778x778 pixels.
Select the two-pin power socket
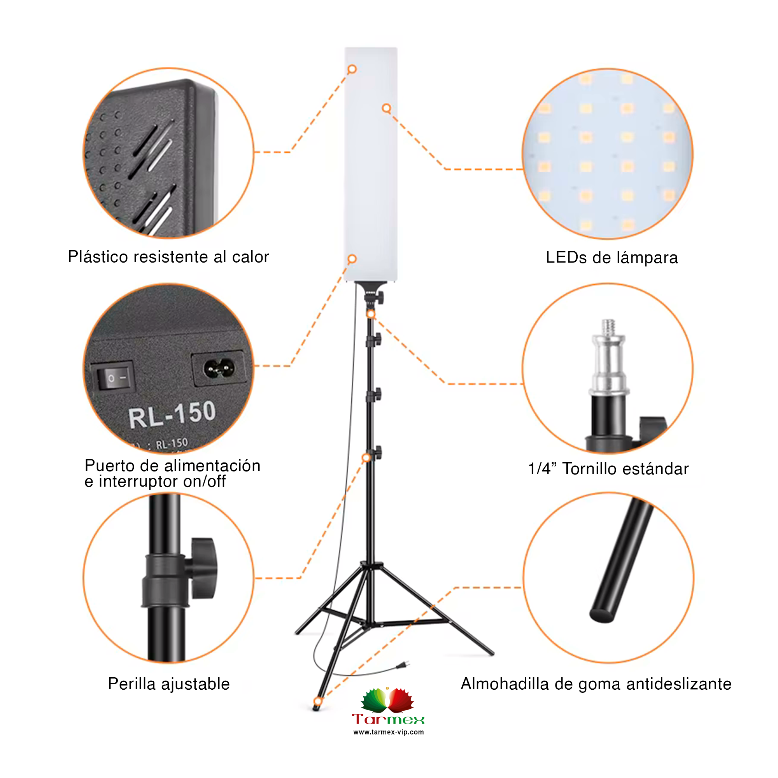(x=219, y=368)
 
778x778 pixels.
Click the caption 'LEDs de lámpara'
(x=612, y=258)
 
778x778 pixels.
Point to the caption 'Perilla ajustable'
(x=169, y=684)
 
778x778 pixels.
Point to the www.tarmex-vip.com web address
(x=389, y=732)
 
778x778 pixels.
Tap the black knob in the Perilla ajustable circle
(x=203, y=568)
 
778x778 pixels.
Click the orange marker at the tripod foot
(x=318, y=701)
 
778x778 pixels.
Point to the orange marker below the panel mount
(x=370, y=314)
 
